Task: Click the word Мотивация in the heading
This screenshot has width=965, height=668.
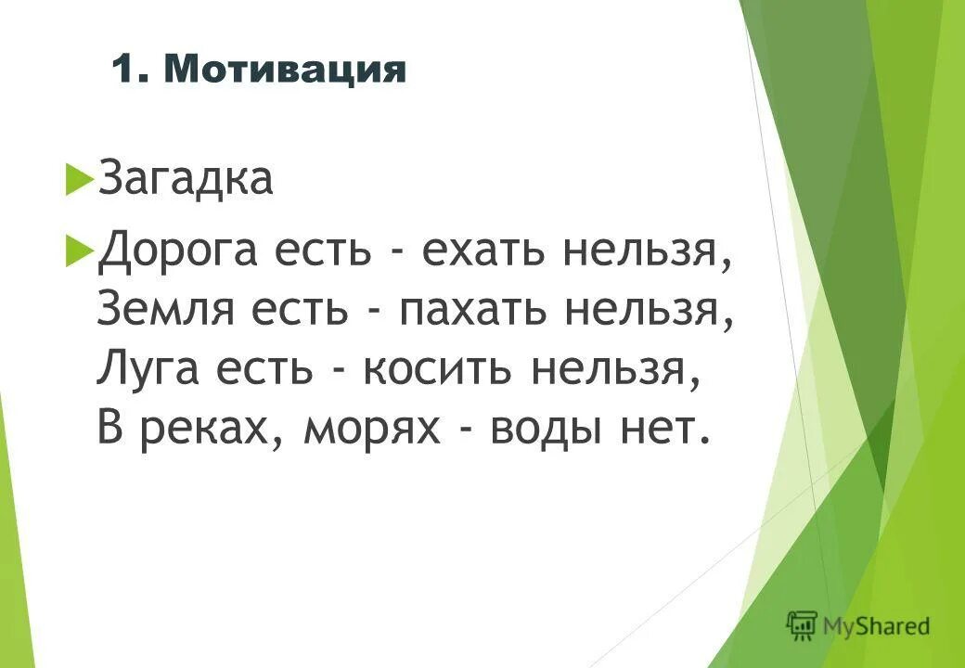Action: [x=285, y=71]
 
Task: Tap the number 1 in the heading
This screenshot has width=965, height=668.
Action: [x=122, y=71]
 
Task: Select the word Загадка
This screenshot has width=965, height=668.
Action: [x=186, y=178]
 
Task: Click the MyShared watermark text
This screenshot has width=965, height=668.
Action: [x=876, y=626]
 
